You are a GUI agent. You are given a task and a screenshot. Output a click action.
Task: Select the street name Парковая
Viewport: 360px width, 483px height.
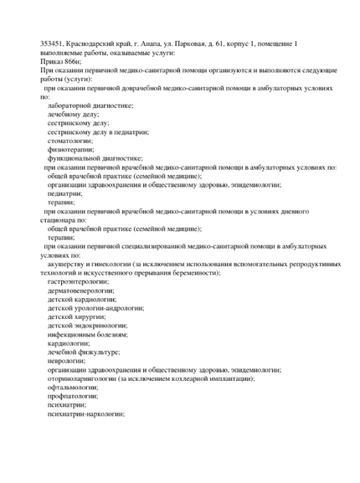click(x=213, y=43)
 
